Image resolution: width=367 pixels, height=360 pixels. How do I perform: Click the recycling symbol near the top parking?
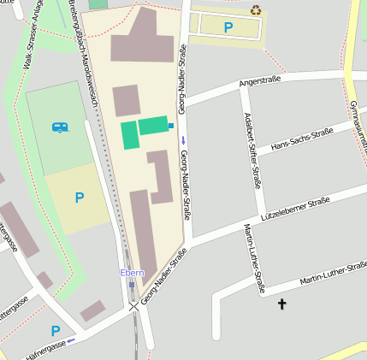pos(256,10)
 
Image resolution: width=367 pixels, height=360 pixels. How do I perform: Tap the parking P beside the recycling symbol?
pos(228,27)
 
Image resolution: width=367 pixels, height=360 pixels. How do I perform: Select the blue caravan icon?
pos(60,127)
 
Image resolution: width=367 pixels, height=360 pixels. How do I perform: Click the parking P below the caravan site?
pos(80,198)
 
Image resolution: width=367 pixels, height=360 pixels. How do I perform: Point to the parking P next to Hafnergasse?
pos(56,331)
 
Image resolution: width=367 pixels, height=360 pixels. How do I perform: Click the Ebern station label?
pos(131,273)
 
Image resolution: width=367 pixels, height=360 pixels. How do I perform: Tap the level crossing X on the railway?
pos(133,305)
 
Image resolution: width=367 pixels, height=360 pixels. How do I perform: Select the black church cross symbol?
pos(282,304)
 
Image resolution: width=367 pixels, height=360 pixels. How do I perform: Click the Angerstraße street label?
pos(261,83)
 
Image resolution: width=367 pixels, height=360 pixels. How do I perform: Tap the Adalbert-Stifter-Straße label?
pos(252,150)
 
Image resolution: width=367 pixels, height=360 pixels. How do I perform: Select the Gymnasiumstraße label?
pos(358,120)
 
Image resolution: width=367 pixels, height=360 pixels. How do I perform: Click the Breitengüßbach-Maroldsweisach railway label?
pos(85,56)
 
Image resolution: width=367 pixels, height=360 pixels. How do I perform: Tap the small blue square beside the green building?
pos(171,126)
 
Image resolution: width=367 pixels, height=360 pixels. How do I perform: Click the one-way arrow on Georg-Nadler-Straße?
pos(182,139)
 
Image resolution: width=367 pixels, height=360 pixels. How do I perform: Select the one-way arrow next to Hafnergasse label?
pos(71,340)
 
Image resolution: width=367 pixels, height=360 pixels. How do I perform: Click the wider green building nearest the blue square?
pos(152,126)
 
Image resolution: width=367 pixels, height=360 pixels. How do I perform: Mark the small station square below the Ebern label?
pos(131,285)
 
